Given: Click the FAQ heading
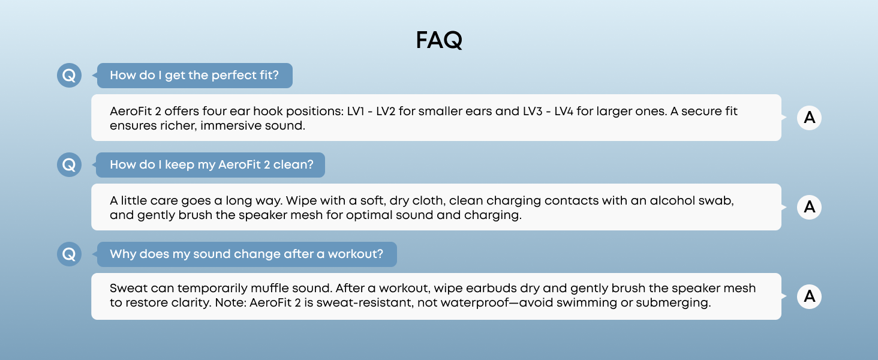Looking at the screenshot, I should coord(439,41).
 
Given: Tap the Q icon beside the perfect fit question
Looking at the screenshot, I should coord(69,76).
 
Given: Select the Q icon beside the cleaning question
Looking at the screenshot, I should coord(69,165).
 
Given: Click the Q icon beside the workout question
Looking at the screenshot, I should coord(69,254).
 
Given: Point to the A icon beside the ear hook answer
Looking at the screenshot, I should coord(809,118).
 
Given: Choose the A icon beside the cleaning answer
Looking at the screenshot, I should coord(809,207).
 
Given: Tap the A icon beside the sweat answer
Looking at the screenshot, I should coord(809,296).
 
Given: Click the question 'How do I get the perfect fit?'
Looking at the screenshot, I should coord(194,76).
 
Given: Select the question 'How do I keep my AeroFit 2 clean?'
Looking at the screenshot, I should coord(211,165).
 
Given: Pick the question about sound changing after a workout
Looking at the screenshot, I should coord(246,254).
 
